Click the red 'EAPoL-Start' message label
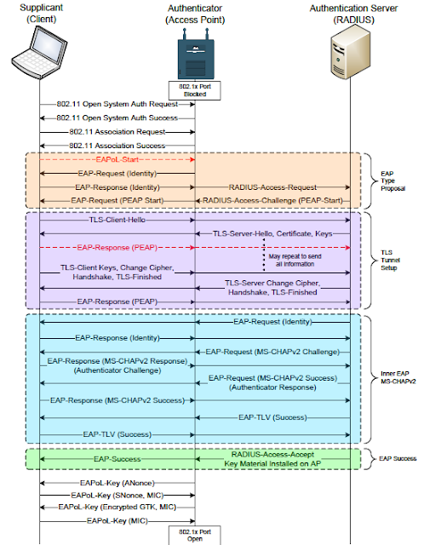click(117, 159)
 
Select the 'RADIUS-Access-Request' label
click(273, 185)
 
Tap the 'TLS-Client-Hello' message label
click(117, 219)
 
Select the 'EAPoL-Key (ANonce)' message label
click(117, 482)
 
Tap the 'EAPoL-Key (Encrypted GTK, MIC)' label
click(117, 506)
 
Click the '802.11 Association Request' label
click(117, 134)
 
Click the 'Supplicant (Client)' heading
click(38, 14)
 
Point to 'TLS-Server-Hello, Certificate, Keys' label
click(273, 233)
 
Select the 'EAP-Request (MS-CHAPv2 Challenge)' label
click(273, 352)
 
